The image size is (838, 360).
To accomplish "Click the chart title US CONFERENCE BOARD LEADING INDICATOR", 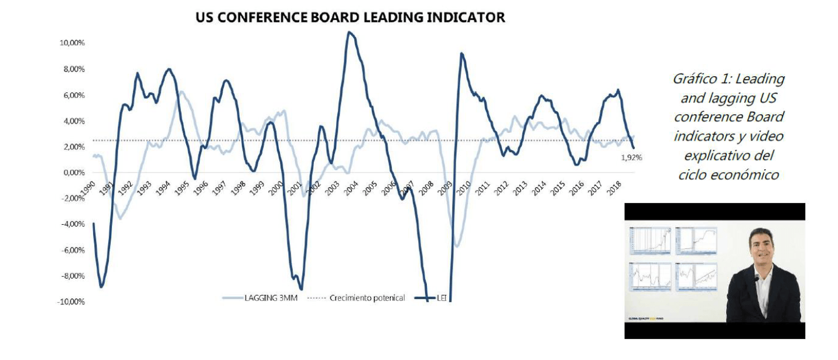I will pyautogui.click(x=350, y=18).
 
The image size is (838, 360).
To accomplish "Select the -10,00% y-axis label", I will pyautogui.click(x=70, y=301).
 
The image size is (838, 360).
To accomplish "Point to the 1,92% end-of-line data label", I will pyautogui.click(x=630, y=157).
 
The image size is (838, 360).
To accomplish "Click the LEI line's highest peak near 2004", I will pyautogui.click(x=350, y=32).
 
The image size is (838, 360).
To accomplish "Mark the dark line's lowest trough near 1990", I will pyautogui.click(x=101, y=286).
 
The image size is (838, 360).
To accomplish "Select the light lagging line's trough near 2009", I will pyautogui.click(x=456, y=246).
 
